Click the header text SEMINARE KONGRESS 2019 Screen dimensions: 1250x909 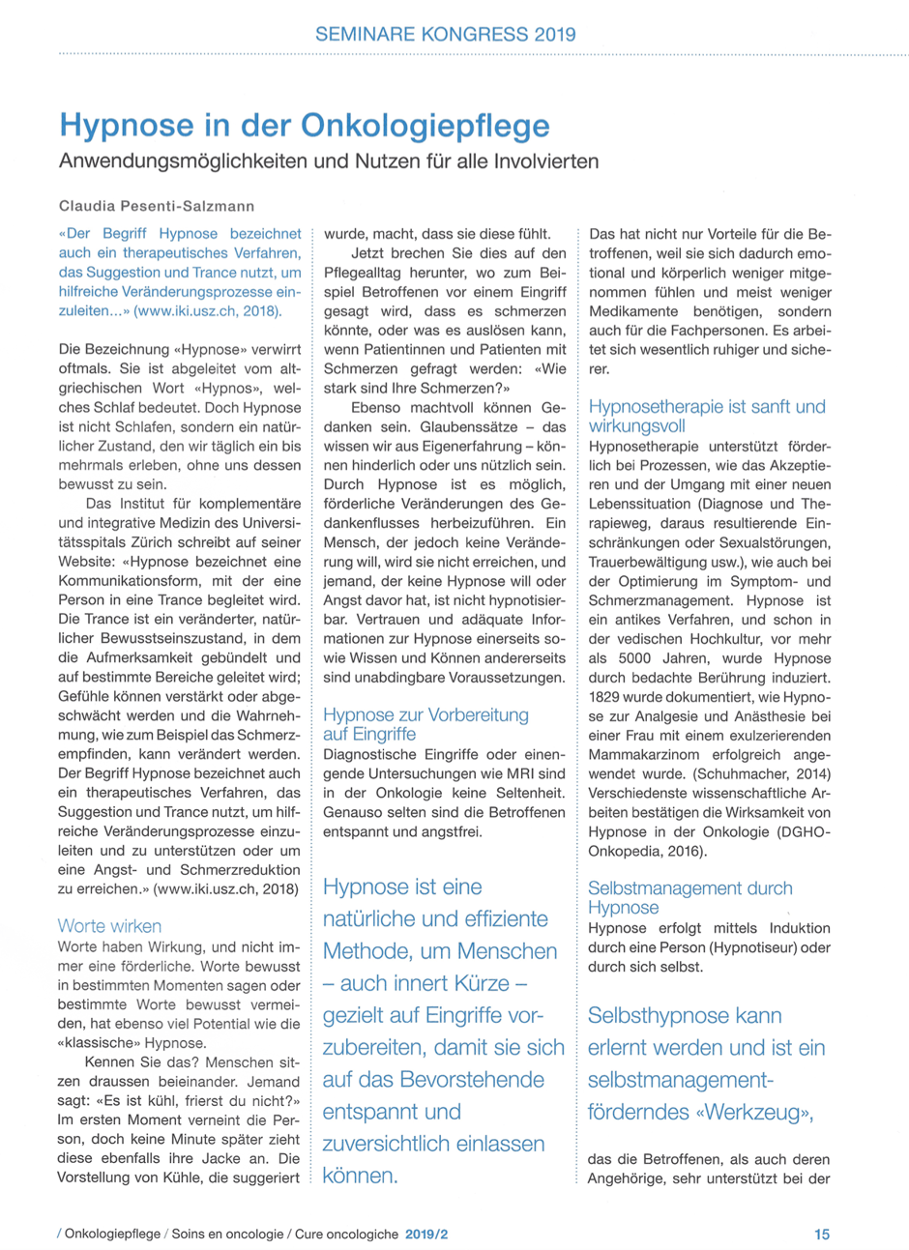(x=445, y=35)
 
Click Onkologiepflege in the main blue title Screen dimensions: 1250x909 (x=425, y=126)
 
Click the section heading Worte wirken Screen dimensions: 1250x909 (x=109, y=926)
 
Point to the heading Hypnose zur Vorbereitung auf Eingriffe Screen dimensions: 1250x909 (x=425, y=724)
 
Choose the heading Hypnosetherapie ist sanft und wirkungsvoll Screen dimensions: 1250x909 (x=707, y=416)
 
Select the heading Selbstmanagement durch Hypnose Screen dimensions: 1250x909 (x=689, y=897)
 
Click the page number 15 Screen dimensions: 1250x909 (x=821, y=1234)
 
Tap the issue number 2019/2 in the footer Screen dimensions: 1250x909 (x=427, y=1235)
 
